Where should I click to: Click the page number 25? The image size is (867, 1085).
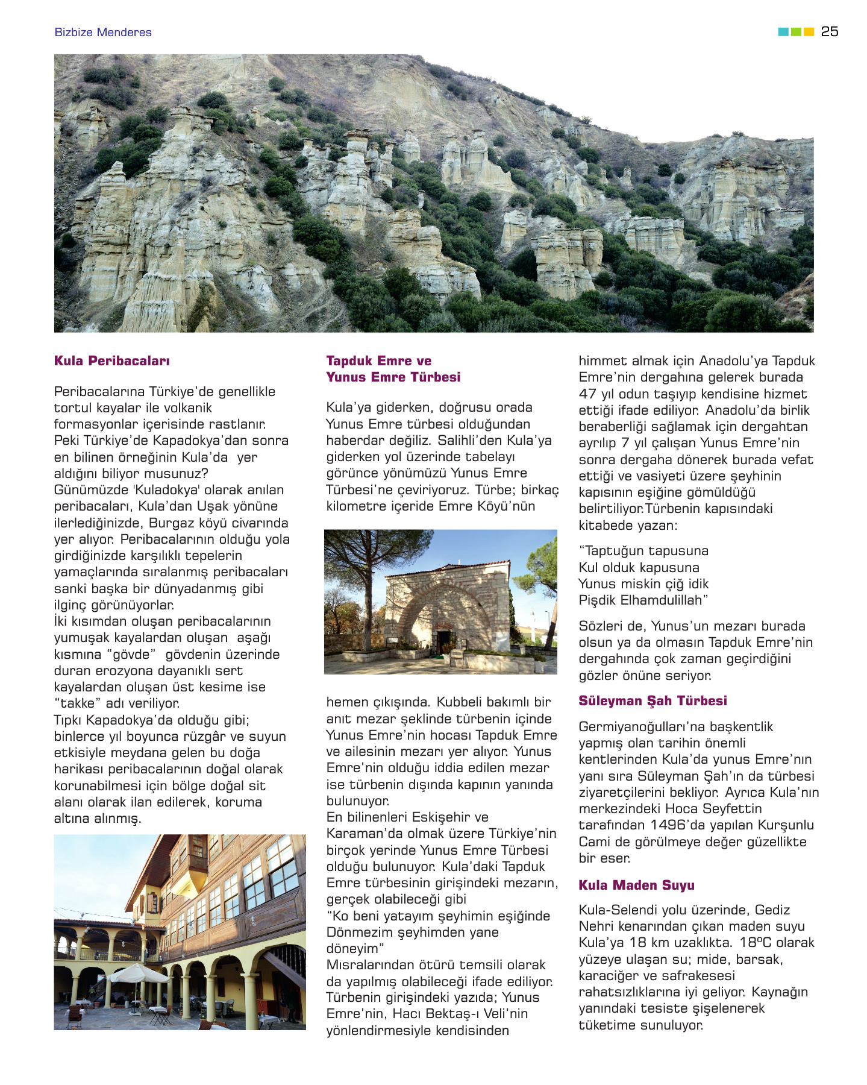pos(829,32)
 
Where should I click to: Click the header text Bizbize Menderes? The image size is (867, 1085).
pos(103,33)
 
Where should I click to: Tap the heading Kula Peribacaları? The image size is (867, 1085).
pos(112,361)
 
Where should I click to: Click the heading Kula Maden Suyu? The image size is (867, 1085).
pos(636,885)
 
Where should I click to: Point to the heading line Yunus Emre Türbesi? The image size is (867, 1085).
pos(393,377)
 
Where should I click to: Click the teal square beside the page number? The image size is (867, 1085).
pos(783,32)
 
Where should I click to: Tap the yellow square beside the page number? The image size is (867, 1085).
pos(809,32)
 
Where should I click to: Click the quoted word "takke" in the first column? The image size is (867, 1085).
pos(78,703)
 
